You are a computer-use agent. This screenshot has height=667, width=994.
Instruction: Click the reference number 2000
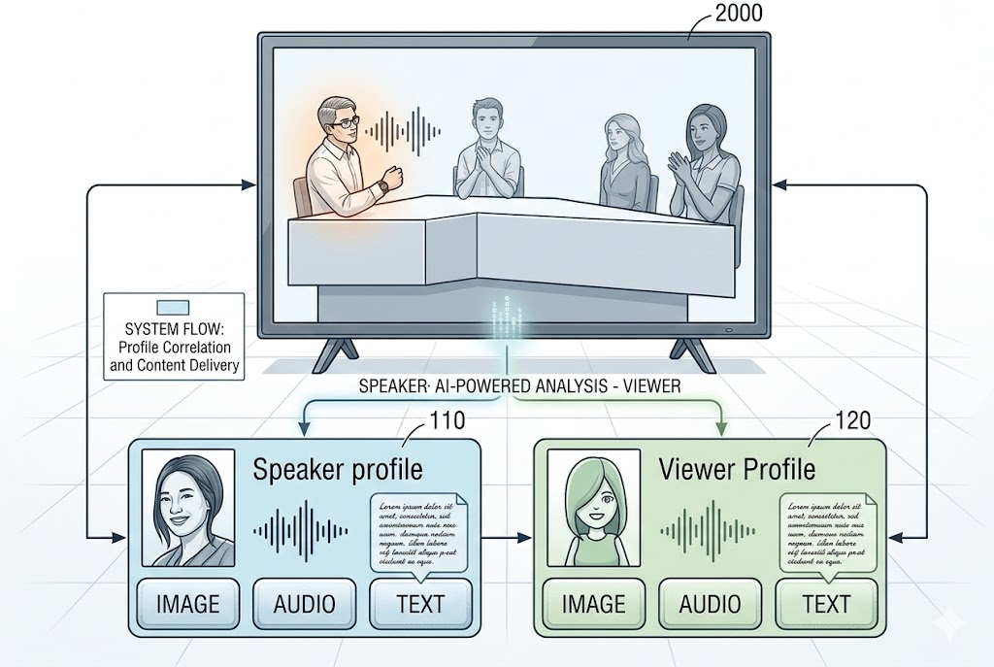[x=737, y=14]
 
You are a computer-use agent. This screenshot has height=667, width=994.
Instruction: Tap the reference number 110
[x=440, y=420]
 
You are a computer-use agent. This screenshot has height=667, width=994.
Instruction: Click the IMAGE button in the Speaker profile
[x=188, y=603]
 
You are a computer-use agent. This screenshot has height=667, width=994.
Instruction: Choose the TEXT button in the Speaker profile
[x=420, y=603]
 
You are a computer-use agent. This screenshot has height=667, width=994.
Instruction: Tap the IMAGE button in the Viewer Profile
[x=593, y=603]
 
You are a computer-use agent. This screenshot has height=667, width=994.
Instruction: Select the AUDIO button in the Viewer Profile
[x=710, y=603]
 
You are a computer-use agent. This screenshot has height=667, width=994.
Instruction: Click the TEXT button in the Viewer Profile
[x=826, y=603]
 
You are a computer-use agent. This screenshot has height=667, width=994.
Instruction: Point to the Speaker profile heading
[x=338, y=470]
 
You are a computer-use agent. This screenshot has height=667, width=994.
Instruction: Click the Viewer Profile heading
[x=737, y=470]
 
